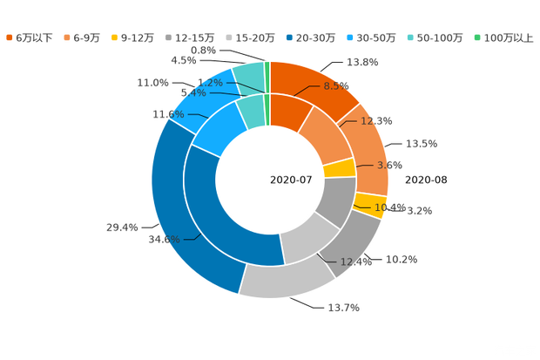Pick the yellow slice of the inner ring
pos(340,167)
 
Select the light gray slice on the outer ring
pos(279,279)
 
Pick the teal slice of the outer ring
pos(249,78)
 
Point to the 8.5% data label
pos(336,86)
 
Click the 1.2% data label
pos(210,83)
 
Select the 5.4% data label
pos(192,92)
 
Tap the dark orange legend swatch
pos(10,37)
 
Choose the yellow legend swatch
pos(115,37)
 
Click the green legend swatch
pos(476,37)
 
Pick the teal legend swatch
pos(409,37)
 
